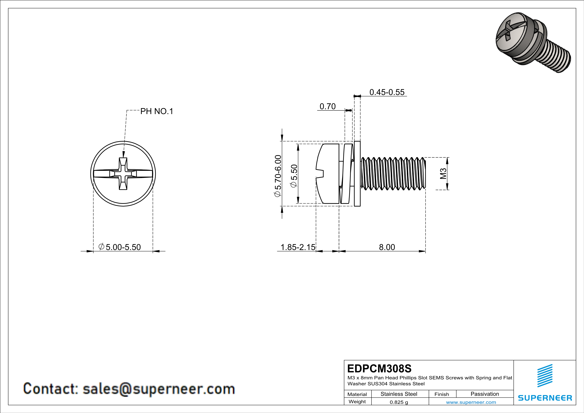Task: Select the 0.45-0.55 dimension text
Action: tap(387, 92)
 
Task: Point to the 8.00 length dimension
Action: tap(387, 247)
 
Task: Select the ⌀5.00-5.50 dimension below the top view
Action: tap(120, 247)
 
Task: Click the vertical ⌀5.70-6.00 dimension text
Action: tap(278, 176)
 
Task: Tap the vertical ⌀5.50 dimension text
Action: tap(294, 176)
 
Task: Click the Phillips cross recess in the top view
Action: tap(123, 174)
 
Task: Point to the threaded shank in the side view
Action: tap(393, 174)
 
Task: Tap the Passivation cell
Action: tap(485, 394)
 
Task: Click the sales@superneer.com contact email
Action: tap(159, 389)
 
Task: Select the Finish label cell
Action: tap(442, 394)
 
